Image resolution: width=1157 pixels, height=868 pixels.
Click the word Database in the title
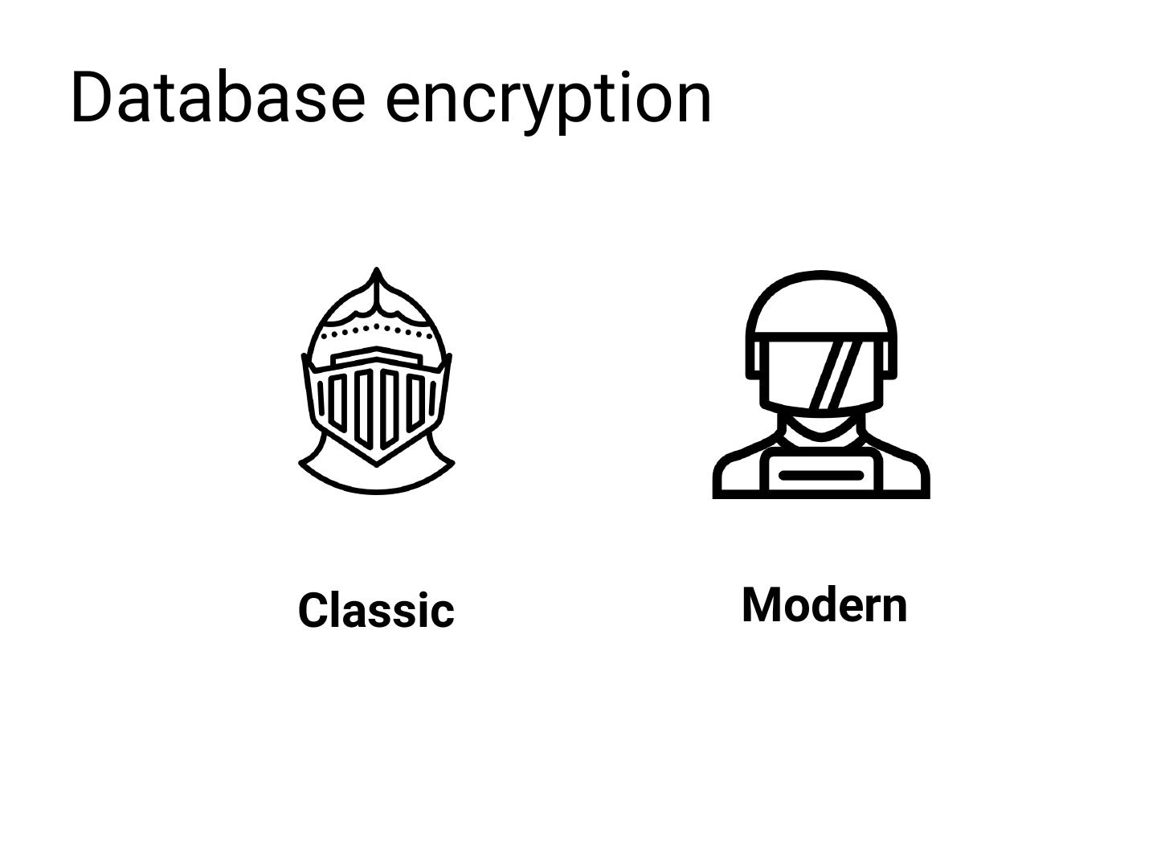tap(217, 97)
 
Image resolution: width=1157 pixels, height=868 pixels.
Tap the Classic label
tap(376, 610)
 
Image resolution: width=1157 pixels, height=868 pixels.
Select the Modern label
tap(824, 604)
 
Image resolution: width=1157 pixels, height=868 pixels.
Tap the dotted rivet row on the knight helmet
tap(376, 329)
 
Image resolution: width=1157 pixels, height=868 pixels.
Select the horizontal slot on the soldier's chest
tap(821, 475)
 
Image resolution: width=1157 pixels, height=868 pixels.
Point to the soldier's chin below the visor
tap(820, 424)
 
